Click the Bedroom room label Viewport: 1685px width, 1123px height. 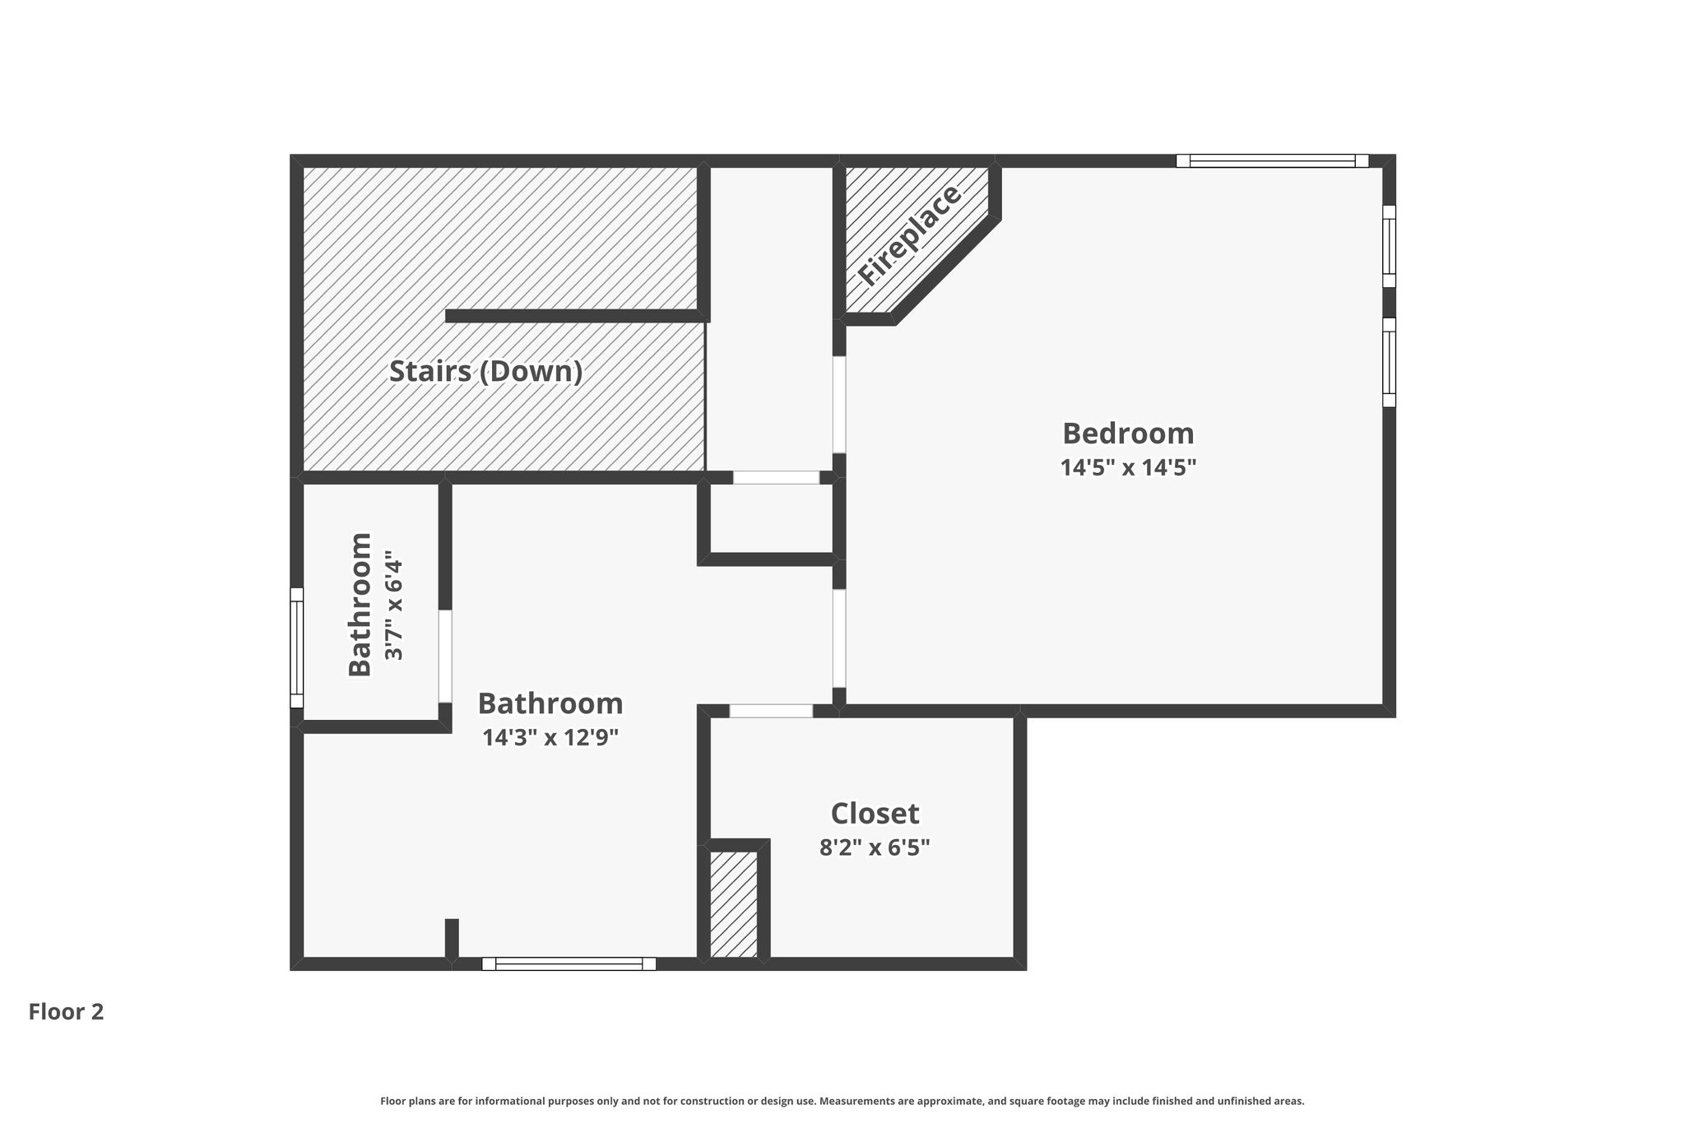pyautogui.click(x=1127, y=434)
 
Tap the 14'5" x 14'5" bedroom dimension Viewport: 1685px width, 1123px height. pyautogui.click(x=1127, y=467)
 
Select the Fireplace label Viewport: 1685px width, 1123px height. pyautogui.click(x=909, y=235)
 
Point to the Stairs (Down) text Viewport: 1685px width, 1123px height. pyautogui.click(x=485, y=371)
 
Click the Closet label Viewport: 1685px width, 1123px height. pyautogui.click(x=875, y=814)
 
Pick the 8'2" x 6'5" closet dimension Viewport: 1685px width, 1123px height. pyautogui.click(x=875, y=847)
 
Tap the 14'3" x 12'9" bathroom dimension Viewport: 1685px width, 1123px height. pyautogui.click(x=550, y=737)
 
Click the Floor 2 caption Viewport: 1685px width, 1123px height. pyautogui.click(x=66, y=1012)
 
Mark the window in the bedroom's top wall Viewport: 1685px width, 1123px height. pyautogui.click(x=1272, y=161)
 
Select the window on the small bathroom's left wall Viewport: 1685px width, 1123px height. pyautogui.click(x=297, y=648)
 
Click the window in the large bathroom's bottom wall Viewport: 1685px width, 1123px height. pyautogui.click(x=569, y=964)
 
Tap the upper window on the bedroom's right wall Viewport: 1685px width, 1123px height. pyautogui.click(x=1389, y=246)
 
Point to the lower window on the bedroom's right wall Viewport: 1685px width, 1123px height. pyautogui.click(x=1389, y=363)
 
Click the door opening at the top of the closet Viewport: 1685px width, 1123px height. pyautogui.click(x=771, y=711)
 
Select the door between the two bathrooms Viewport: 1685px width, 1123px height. pyautogui.click(x=445, y=656)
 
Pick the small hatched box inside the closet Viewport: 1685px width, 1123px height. pyautogui.click(x=734, y=904)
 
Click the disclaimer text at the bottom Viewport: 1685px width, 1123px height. pyautogui.click(x=842, y=1101)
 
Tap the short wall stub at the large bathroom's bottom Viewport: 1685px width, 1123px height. pyautogui.click(x=452, y=939)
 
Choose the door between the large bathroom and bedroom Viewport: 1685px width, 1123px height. pyautogui.click(x=839, y=638)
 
